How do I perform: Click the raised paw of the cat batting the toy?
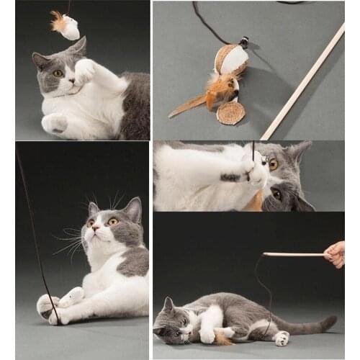(84, 71)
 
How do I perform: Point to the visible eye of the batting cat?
(58, 73)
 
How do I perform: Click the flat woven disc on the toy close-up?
(230, 113)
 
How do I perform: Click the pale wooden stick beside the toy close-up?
(302, 82)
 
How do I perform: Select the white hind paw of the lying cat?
(282, 338)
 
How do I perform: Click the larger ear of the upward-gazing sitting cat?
(132, 210)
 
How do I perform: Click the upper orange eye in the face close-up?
(274, 164)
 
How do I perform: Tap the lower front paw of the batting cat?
(55, 123)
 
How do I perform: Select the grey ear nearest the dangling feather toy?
(77, 47)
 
